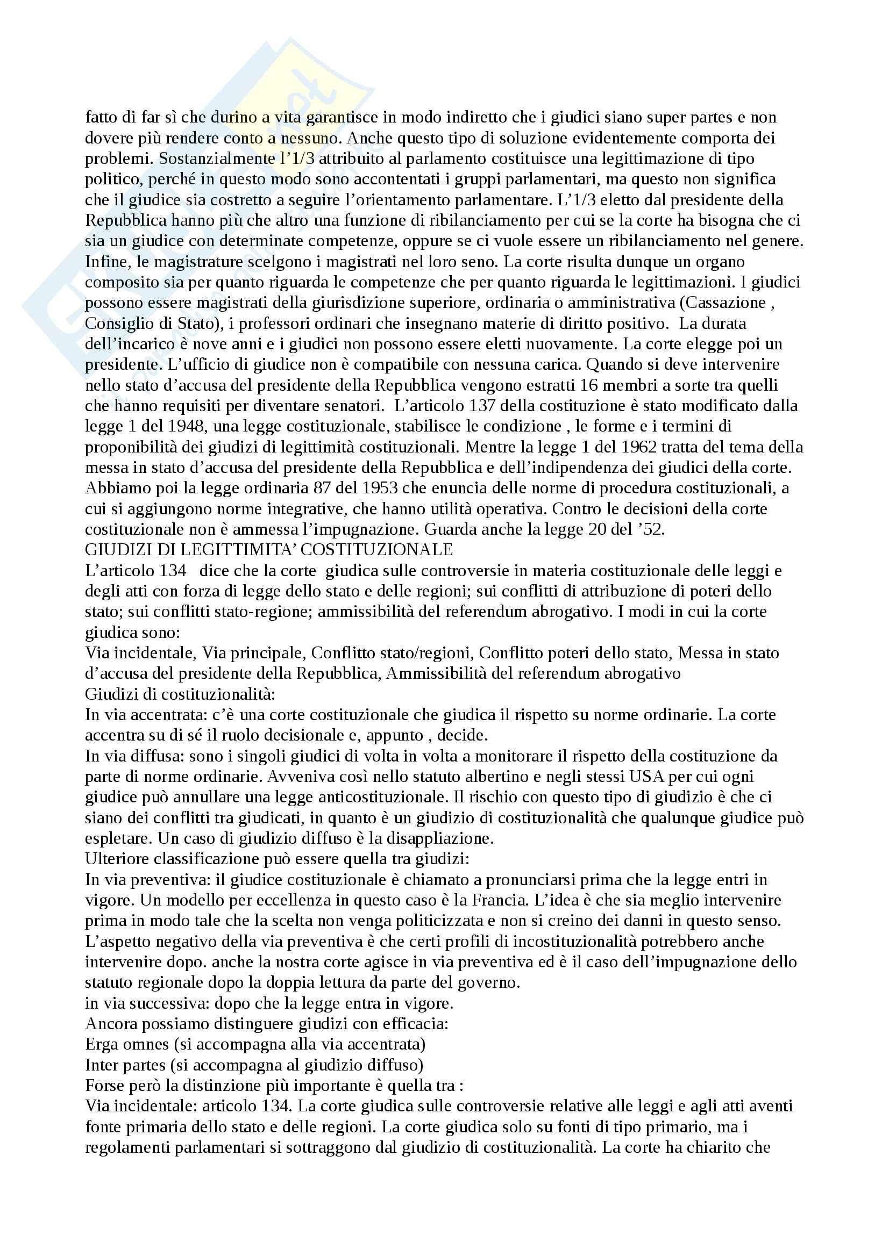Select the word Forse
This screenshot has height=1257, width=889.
pyautogui.click(x=104, y=1085)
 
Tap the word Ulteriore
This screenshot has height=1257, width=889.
pyautogui.click(x=118, y=859)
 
